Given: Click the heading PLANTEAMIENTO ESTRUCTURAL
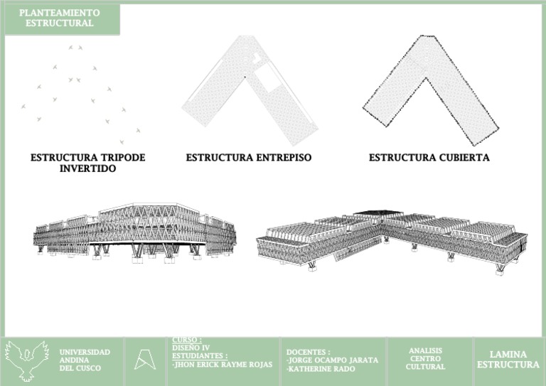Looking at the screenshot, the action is pos(60,18).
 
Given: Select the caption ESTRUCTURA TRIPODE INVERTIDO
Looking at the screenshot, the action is pos(87,163).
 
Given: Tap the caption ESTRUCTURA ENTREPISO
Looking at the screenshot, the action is pos(249,157).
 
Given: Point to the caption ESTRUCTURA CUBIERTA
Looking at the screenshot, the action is pos(429,157).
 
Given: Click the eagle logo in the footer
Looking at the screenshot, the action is pos(27,359).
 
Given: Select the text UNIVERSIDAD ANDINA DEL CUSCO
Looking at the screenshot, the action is pos(85,360).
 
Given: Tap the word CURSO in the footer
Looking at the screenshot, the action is pos(186,340).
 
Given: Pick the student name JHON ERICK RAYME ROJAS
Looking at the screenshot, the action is pos(222,365).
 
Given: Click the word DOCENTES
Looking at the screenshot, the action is pos(309,352).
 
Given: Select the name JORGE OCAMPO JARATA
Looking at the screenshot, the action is pos(332,360).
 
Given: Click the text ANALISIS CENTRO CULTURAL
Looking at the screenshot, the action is pos(425,359).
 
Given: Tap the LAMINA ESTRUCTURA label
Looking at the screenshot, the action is pos(508,360).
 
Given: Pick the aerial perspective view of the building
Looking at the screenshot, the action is pos(391,238).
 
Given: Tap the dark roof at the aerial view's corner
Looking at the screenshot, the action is pos(378,213).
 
